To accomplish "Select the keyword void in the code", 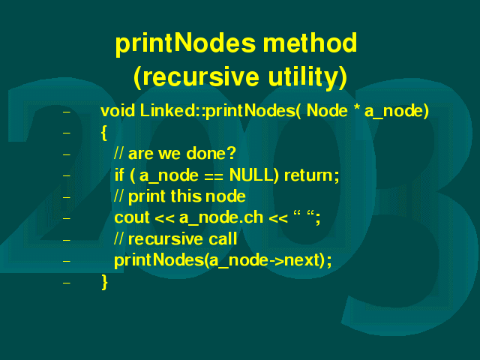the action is coord(118,110).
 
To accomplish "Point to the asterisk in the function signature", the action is coord(356,108).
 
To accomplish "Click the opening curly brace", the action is coord(104,133).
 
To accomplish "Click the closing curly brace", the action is coord(104,282).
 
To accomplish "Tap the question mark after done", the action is coord(232,152).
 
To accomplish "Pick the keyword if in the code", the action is coord(119,175).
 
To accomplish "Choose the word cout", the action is coord(132,217).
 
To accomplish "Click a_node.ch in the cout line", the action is coord(221,218).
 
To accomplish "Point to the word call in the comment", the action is coord(223,238).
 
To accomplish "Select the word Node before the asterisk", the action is coord(327,110).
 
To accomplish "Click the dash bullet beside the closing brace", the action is coord(66,283).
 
